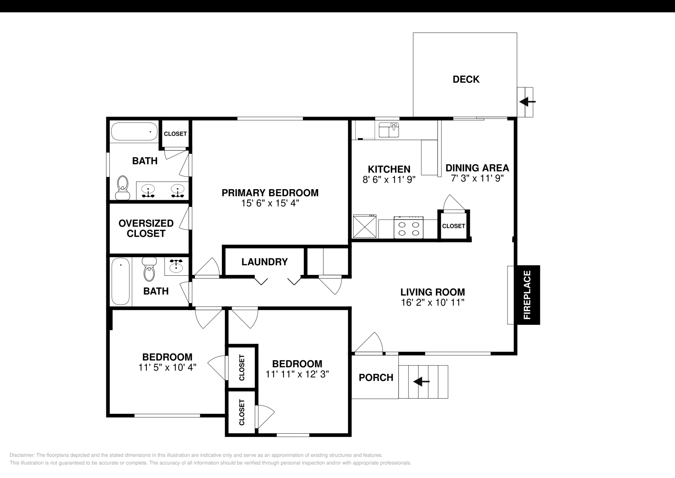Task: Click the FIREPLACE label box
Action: click(x=527, y=295)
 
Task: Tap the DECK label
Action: click(x=466, y=79)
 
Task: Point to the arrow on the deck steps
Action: click(x=527, y=102)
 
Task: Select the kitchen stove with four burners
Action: click(x=409, y=228)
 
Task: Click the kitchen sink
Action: click(x=389, y=130)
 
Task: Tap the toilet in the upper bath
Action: click(x=123, y=187)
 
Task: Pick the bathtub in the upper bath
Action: click(x=134, y=131)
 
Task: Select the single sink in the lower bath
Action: click(x=176, y=266)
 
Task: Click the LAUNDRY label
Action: click(x=265, y=262)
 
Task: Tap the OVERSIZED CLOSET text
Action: click(x=146, y=228)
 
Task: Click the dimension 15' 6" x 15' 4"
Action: click(x=270, y=203)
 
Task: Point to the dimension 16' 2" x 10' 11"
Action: click(x=432, y=302)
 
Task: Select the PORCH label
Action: click(x=376, y=378)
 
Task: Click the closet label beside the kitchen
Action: click(x=454, y=226)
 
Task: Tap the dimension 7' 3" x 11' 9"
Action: click(x=477, y=178)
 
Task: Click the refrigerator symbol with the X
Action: click(x=365, y=227)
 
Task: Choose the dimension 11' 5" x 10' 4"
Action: click(x=167, y=367)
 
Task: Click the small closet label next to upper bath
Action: click(x=175, y=134)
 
